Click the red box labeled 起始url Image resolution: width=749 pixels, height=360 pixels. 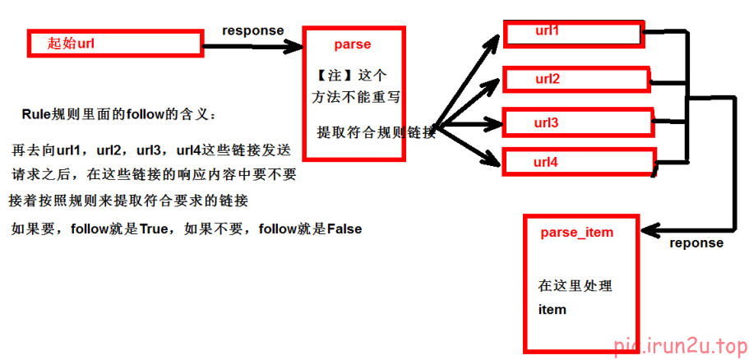pyautogui.click(x=115, y=44)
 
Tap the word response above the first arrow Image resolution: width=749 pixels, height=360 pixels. pyautogui.click(x=252, y=30)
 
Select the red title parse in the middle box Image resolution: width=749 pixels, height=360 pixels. pyautogui.click(x=352, y=44)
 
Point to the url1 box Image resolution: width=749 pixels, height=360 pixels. pyautogui.click(x=572, y=34)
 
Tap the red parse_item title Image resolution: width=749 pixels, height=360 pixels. pyautogui.click(x=576, y=233)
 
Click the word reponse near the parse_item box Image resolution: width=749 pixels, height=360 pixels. pyautogui.click(x=696, y=243)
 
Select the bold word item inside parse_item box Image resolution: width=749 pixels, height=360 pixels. pyautogui.click(x=552, y=310)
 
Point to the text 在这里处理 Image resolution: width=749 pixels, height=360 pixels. pyautogui.click(x=575, y=286)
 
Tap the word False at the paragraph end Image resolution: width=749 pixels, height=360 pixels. pyautogui.click(x=344, y=229)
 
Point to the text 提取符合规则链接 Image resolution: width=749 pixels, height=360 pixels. pyautogui.click(x=375, y=132)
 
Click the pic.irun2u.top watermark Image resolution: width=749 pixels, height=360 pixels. pyautogui.click(x=680, y=344)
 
